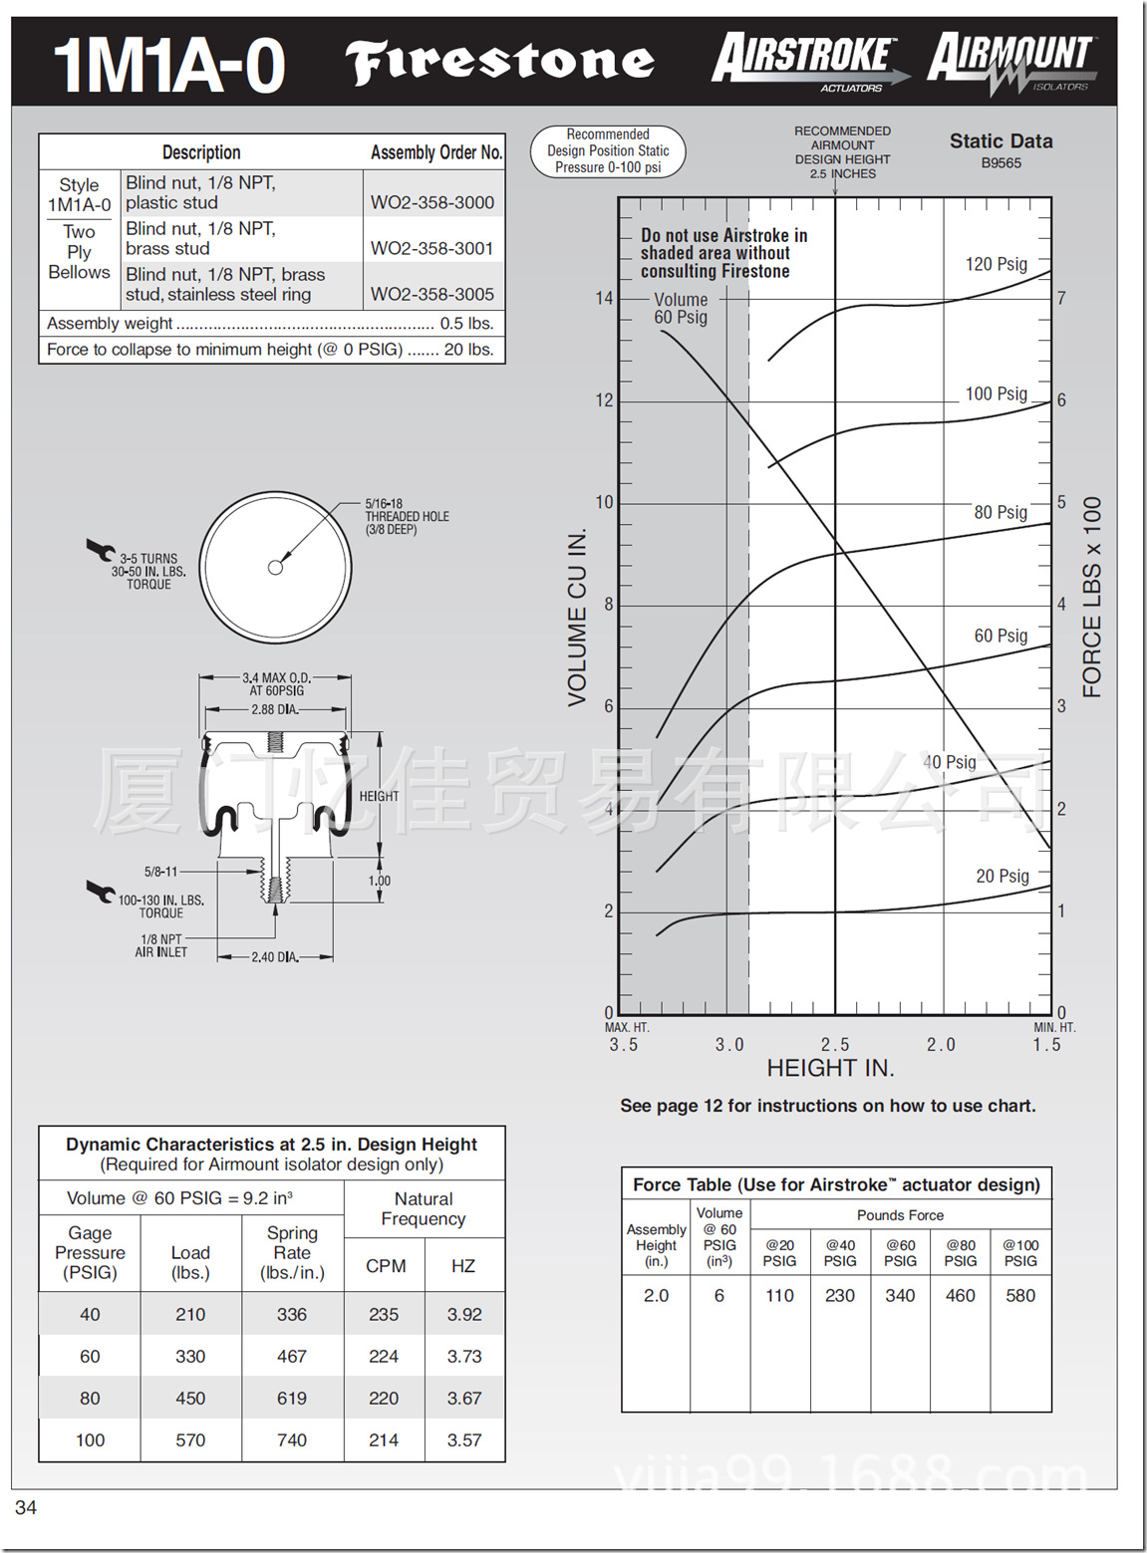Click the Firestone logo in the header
(500, 62)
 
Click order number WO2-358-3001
(431, 248)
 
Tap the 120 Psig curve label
(996, 264)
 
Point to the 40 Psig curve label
(950, 762)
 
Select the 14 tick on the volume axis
(604, 298)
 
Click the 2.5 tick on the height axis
(835, 1045)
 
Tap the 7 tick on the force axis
(1061, 298)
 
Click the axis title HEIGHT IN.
(830, 1068)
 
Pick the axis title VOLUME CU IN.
(577, 618)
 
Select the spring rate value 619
(292, 1399)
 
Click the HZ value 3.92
(464, 1315)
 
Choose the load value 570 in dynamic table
(190, 1440)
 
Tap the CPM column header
(386, 1266)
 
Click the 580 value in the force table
(1020, 1296)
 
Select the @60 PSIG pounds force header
(900, 1253)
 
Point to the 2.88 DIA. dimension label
(275, 710)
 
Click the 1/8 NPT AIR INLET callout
(161, 945)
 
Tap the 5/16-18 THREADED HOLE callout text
(406, 516)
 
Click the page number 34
(26, 1508)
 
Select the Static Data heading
(1001, 141)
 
